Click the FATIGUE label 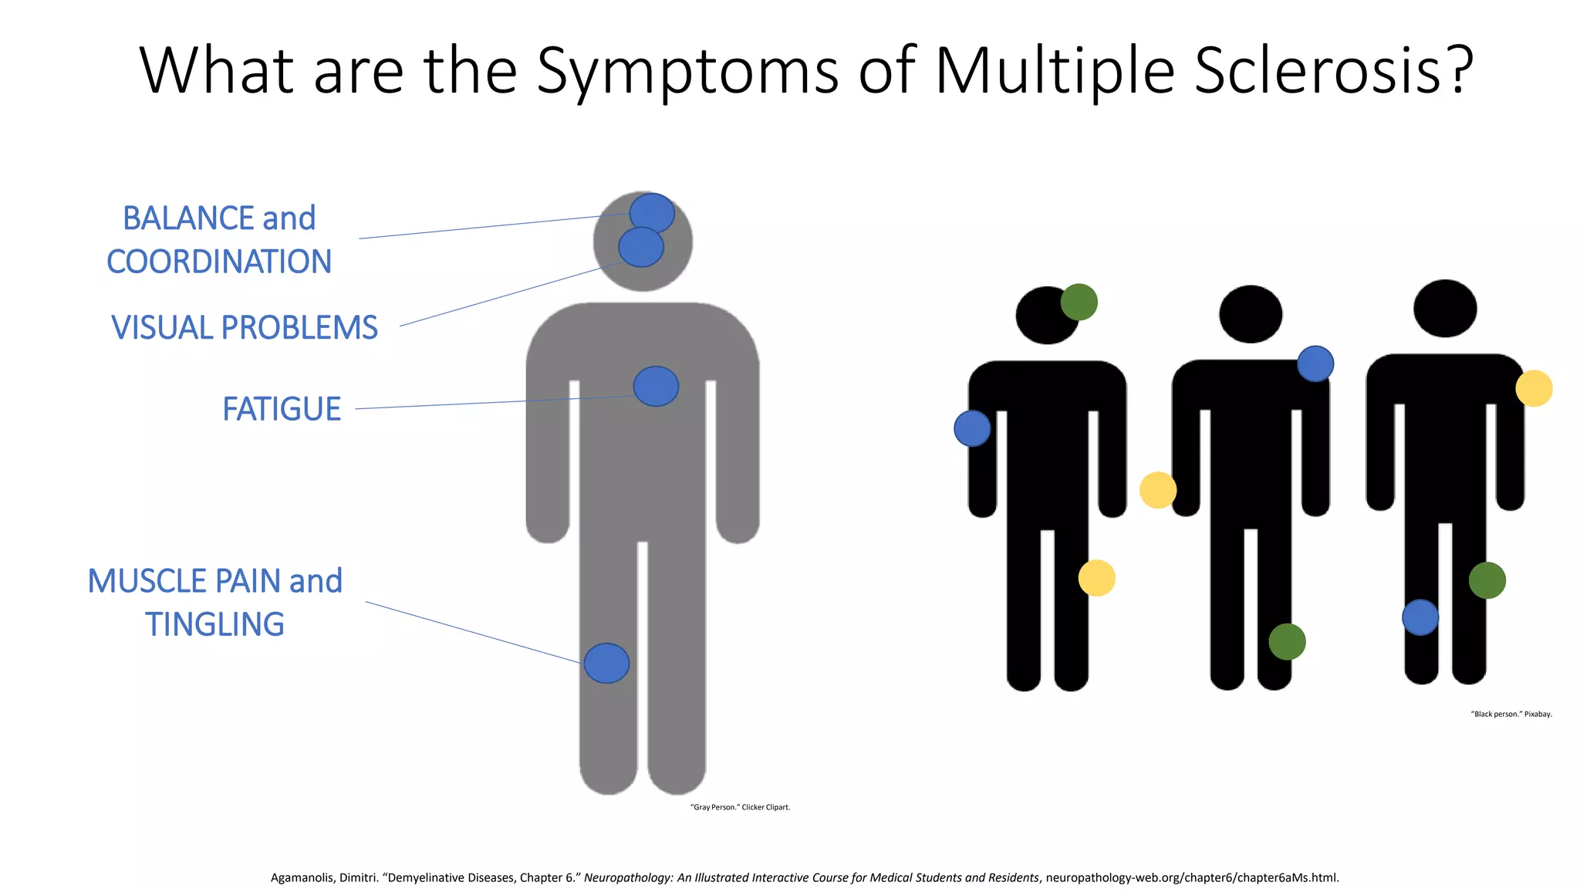tap(282, 409)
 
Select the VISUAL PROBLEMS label tap(245, 328)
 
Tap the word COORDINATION tap(219, 262)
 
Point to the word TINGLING tap(215, 624)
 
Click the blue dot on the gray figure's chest tap(656, 387)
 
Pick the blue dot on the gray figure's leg tap(606, 663)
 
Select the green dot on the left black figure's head tap(1079, 302)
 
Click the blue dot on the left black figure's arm tap(972, 428)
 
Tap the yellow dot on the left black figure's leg tap(1096, 578)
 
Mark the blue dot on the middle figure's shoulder tap(1315, 363)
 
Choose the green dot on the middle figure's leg tap(1287, 641)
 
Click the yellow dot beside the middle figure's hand tap(1158, 490)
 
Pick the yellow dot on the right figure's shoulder tap(1534, 388)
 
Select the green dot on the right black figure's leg tap(1487, 580)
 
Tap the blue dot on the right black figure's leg tap(1420, 617)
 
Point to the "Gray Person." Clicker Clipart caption tap(740, 807)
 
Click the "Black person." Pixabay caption tap(1511, 714)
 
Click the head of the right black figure tap(1445, 309)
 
